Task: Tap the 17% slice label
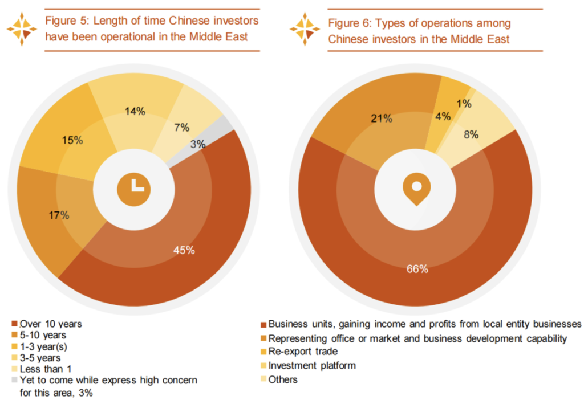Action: click(59, 215)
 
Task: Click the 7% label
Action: click(182, 128)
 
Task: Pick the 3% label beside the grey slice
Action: click(198, 144)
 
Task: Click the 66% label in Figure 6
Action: click(417, 269)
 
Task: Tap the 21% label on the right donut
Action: click(382, 119)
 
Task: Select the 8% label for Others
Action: click(471, 135)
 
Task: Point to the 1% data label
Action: click(464, 104)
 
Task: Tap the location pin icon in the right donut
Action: click(416, 189)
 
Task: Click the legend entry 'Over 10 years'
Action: click(51, 324)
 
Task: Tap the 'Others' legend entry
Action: click(283, 379)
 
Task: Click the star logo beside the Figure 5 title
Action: click(22, 29)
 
